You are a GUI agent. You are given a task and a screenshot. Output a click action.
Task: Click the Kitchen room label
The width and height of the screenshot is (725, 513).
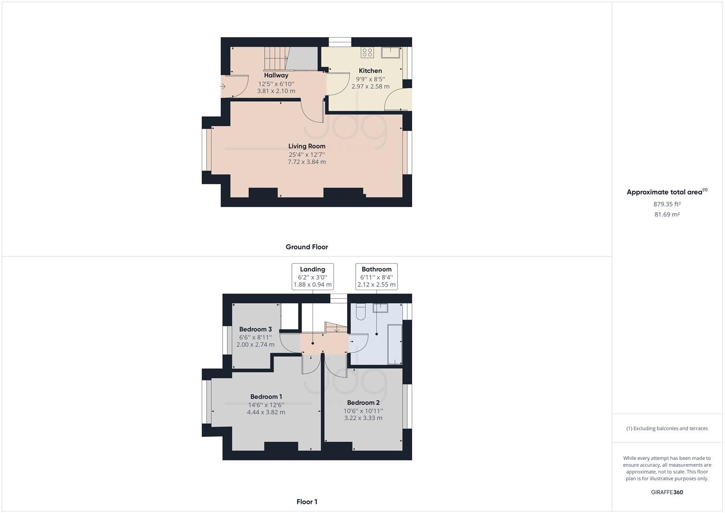click(370, 71)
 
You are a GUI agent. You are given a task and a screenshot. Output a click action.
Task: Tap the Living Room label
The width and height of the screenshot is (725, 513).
click(307, 146)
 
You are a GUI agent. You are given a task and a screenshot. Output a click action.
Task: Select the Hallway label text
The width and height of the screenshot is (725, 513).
click(276, 75)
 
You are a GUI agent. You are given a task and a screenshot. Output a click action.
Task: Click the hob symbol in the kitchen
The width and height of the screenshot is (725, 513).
click(367, 52)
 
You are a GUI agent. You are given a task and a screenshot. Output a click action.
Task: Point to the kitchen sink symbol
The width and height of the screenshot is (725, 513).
click(390, 52)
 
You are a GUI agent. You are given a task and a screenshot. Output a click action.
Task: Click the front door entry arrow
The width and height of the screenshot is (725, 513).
click(223, 86)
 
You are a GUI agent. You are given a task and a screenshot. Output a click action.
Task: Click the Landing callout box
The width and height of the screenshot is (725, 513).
click(312, 276)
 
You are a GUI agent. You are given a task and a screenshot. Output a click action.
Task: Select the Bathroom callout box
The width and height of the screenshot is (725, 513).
click(377, 276)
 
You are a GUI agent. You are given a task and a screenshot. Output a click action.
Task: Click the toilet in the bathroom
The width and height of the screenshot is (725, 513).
click(360, 311)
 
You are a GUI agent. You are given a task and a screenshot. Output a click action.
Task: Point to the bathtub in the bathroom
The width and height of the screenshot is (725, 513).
click(395, 344)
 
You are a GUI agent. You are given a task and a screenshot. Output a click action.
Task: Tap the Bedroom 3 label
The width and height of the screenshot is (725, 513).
click(255, 329)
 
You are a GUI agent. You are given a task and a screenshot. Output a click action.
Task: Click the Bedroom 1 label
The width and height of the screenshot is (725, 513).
click(266, 397)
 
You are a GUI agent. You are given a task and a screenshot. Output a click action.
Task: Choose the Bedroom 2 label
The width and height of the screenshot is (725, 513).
click(363, 403)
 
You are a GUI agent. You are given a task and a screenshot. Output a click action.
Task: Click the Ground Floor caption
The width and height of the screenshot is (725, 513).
click(307, 247)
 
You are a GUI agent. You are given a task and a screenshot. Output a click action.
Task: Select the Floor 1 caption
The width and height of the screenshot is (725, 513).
click(307, 502)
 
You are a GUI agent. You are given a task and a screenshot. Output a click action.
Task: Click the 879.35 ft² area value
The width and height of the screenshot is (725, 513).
click(667, 204)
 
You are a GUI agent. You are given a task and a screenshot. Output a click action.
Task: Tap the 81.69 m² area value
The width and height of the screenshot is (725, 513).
click(667, 214)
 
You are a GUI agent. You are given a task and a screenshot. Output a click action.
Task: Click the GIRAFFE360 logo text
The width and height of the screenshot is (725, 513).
click(667, 492)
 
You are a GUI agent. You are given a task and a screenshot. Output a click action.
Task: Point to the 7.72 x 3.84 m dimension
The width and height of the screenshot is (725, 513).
click(307, 162)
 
